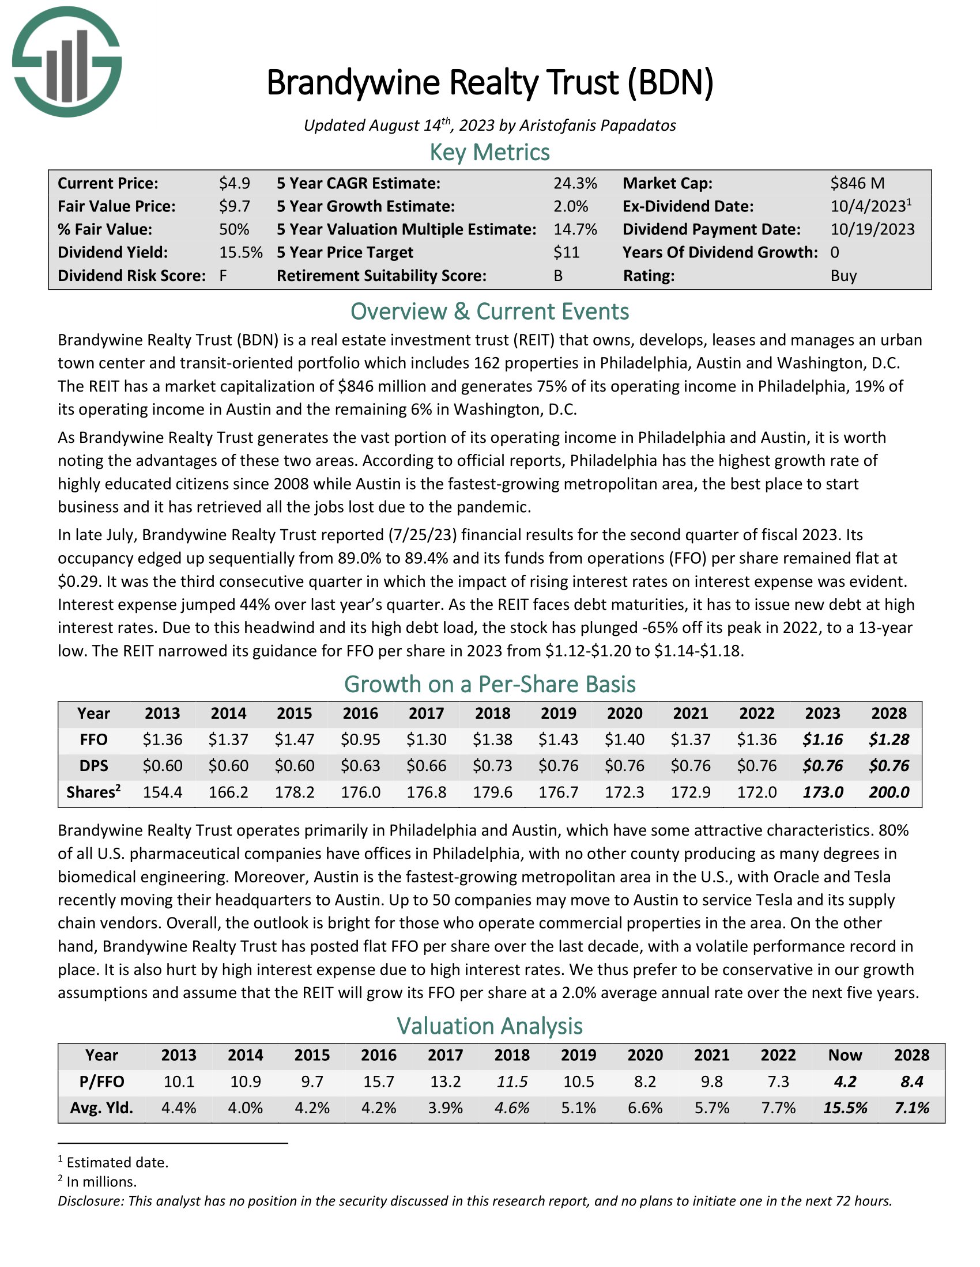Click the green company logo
point(67,62)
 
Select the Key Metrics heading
point(489,153)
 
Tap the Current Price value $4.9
point(235,183)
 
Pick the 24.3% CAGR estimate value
point(575,183)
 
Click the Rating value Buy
point(843,275)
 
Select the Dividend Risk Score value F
point(223,275)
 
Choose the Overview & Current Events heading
point(489,312)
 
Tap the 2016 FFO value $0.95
point(360,739)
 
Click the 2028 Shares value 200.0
point(889,792)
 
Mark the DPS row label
point(93,766)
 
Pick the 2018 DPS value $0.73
point(492,766)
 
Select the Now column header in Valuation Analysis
point(845,1054)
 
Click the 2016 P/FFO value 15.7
point(379,1082)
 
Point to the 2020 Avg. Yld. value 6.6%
point(645,1107)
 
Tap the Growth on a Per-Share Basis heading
point(489,685)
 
